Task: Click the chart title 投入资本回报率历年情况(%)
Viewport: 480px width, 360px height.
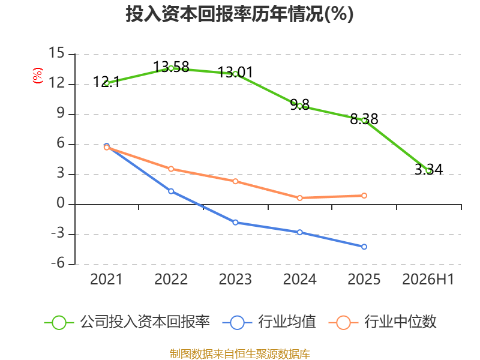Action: point(239,14)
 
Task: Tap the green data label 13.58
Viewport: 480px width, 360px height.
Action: point(171,67)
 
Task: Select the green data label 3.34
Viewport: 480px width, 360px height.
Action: point(428,169)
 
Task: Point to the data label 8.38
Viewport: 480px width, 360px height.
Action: point(364,119)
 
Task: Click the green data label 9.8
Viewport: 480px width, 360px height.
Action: point(299,104)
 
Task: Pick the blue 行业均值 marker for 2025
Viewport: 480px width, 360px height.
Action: point(364,247)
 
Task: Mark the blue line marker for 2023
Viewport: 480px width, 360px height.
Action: point(235,223)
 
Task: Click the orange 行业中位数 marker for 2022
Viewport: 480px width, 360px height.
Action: point(171,169)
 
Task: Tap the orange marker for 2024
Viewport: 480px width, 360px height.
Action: point(299,198)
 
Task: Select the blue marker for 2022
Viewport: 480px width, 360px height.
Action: point(171,191)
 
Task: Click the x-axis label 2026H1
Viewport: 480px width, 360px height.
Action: point(428,279)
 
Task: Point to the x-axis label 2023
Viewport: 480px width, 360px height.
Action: point(235,279)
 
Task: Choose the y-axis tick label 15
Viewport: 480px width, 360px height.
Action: point(56,53)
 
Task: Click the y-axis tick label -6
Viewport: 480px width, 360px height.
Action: point(58,263)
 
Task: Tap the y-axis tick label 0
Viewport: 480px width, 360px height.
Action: point(61,203)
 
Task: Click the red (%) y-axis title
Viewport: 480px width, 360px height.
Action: point(38,76)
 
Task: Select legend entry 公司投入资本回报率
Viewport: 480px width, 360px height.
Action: point(127,322)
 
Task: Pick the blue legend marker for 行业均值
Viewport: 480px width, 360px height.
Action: point(237,323)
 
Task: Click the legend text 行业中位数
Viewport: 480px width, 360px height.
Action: point(400,322)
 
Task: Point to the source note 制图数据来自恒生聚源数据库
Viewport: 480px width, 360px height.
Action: point(240,354)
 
